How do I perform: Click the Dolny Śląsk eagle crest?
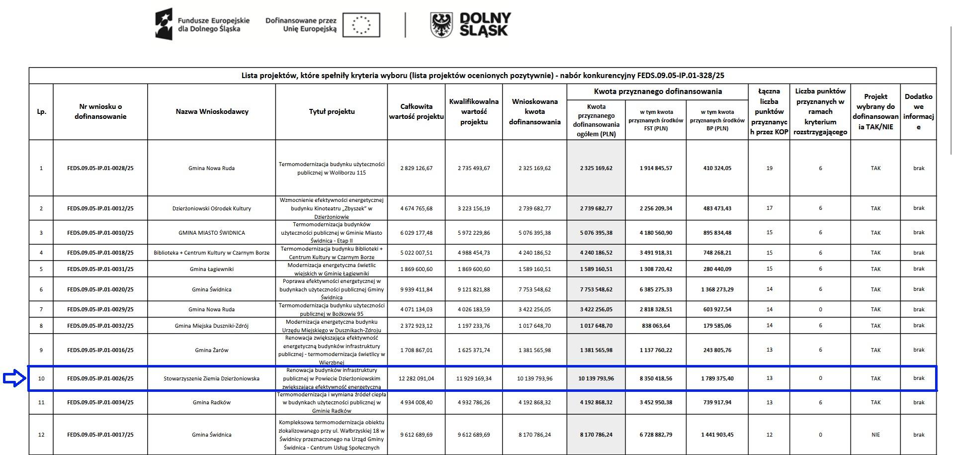(x=442, y=25)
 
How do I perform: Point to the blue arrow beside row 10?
(x=13, y=379)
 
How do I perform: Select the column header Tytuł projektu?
(x=332, y=111)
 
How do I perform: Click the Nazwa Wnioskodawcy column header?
(x=212, y=111)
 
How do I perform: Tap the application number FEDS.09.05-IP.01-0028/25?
(x=100, y=168)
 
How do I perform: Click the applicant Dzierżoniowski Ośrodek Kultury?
(x=212, y=208)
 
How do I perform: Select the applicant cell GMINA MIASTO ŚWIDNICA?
(x=212, y=233)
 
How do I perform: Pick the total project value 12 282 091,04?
(x=416, y=378)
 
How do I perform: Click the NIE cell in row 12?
(x=875, y=435)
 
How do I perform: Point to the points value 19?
(x=769, y=168)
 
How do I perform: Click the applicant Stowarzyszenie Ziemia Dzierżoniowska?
(x=212, y=378)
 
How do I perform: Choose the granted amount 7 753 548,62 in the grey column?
(x=596, y=289)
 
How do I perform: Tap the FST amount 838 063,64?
(x=656, y=326)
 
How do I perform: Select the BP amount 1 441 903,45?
(x=717, y=435)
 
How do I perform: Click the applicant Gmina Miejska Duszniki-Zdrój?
(x=212, y=326)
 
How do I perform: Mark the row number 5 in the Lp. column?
(x=41, y=269)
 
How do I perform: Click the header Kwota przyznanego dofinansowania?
(x=658, y=91)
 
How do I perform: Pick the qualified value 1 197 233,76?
(x=474, y=326)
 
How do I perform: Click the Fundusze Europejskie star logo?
(x=164, y=24)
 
